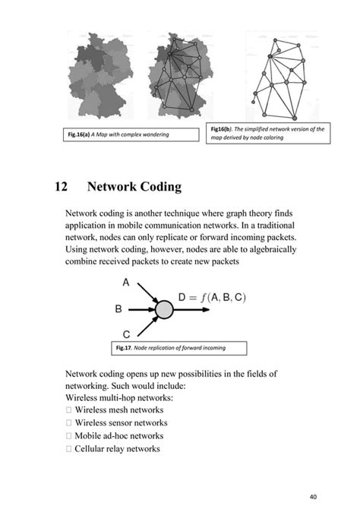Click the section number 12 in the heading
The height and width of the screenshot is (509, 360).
pos(62,187)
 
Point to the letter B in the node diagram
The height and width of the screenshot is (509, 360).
pos(118,309)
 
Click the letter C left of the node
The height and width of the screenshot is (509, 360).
pos(125,333)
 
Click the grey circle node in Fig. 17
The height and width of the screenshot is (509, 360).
pos(164,309)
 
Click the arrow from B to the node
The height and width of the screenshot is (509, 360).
pos(141,309)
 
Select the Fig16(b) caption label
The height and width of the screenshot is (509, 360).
pos(224,130)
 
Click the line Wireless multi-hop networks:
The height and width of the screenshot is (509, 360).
pos(119,397)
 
